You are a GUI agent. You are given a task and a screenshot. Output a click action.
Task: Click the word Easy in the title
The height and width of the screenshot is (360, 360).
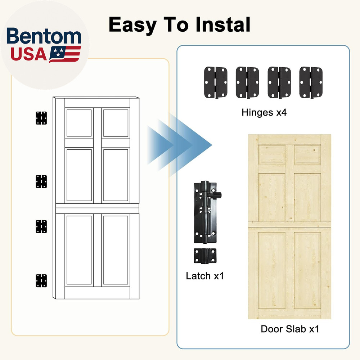tap(132, 25)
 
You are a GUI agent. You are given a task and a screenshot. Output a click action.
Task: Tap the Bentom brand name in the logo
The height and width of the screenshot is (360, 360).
tap(44, 37)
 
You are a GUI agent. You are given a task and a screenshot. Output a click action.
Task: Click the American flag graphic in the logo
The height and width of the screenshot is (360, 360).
tap(65, 54)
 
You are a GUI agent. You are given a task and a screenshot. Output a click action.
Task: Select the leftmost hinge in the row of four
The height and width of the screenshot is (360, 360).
tap(216, 82)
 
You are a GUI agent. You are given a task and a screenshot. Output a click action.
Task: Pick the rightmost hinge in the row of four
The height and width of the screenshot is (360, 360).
tap(311, 82)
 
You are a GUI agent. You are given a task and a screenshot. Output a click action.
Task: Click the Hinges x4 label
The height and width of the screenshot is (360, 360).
tap(264, 113)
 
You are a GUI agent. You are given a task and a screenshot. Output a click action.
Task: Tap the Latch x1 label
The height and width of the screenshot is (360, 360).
tap(205, 276)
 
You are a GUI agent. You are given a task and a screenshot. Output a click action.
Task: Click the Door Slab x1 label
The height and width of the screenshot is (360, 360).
tap(290, 329)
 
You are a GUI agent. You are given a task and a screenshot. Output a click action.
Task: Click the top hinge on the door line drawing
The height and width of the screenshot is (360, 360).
tap(41, 118)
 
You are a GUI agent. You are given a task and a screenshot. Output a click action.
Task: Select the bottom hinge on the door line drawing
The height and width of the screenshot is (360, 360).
tap(41, 280)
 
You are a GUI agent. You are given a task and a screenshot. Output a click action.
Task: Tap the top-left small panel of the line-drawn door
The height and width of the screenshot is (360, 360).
tap(79, 123)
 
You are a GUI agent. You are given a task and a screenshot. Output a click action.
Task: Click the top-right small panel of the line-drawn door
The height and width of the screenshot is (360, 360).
tap(116, 123)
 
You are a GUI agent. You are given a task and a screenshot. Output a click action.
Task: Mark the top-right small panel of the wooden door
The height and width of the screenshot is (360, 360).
tap(307, 154)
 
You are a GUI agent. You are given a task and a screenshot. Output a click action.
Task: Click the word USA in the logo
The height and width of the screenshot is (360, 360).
tap(28, 54)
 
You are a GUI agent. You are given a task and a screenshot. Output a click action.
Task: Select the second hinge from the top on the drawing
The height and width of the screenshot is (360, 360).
tap(41, 181)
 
